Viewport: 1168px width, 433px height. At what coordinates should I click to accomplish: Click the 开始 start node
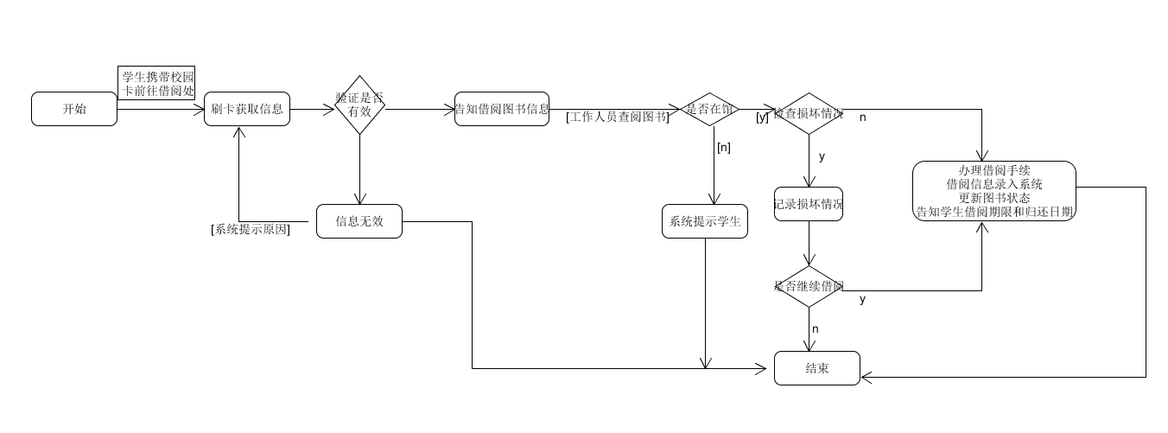click(x=74, y=109)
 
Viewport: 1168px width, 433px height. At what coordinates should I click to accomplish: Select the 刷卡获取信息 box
click(x=247, y=109)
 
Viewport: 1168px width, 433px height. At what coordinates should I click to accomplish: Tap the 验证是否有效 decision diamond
click(x=359, y=105)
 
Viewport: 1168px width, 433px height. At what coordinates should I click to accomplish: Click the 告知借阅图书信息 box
click(x=502, y=109)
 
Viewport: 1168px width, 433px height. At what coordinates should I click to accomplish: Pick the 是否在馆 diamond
click(x=709, y=109)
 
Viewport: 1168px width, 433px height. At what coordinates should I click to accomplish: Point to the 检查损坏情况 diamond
click(x=809, y=113)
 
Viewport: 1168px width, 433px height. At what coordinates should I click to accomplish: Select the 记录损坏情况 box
click(x=809, y=204)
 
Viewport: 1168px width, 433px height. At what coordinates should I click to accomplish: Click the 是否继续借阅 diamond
click(x=809, y=286)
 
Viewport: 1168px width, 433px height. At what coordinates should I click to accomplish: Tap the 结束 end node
click(x=817, y=368)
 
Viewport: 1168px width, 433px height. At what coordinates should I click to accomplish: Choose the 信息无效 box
click(x=359, y=221)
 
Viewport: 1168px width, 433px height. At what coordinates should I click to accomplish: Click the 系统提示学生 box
click(x=705, y=221)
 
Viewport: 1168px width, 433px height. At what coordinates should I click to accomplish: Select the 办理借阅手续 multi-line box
click(x=994, y=191)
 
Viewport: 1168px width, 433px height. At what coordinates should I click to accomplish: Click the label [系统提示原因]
click(x=251, y=229)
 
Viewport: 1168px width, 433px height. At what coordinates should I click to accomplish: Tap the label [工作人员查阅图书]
click(x=618, y=117)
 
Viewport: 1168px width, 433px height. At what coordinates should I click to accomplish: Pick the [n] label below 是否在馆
click(x=724, y=147)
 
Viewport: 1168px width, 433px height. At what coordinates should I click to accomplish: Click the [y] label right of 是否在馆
click(x=762, y=117)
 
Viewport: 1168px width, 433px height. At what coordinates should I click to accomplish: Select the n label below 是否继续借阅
click(x=815, y=329)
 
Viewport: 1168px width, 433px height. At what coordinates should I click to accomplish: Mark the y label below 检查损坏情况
click(x=822, y=156)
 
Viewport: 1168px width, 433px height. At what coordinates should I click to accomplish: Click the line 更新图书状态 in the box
click(x=994, y=198)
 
